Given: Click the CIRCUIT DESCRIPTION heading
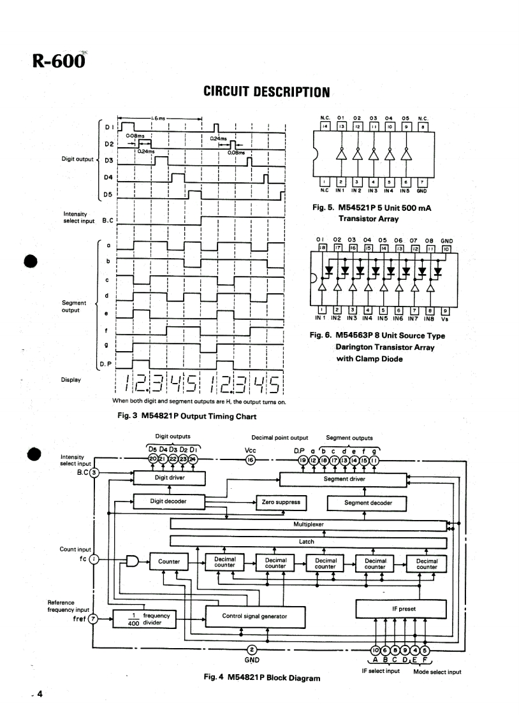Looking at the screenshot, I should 266,92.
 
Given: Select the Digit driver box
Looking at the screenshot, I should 169,477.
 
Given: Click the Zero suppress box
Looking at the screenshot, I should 281,503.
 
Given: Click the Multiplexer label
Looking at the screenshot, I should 309,524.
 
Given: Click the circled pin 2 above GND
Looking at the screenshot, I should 252,649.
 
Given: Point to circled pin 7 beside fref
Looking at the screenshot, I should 94,619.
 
